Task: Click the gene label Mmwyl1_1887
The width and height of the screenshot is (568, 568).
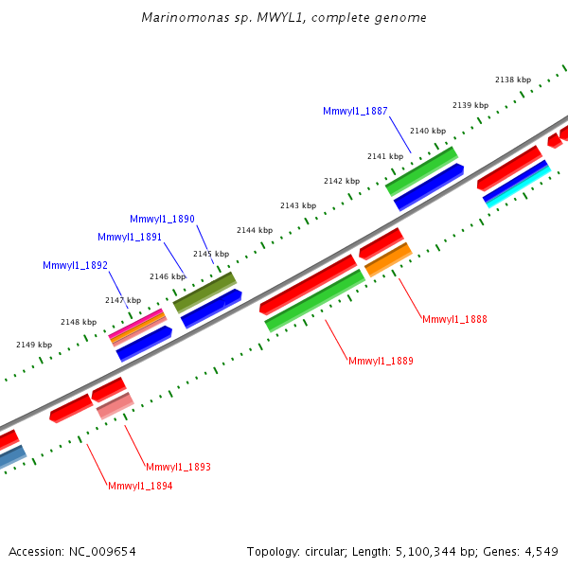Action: pyautogui.click(x=355, y=111)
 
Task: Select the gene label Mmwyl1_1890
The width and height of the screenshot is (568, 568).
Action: pyautogui.click(x=162, y=219)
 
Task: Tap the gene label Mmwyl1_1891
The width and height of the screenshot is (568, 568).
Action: pyautogui.click(x=130, y=237)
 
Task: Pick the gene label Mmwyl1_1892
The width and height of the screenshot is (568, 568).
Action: pyautogui.click(x=75, y=265)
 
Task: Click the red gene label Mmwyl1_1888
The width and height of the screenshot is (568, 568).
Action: pyautogui.click(x=454, y=319)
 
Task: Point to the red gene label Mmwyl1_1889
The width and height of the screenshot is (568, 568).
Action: pyautogui.click(x=381, y=361)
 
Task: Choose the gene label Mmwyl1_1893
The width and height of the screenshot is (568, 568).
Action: pyautogui.click(x=178, y=467)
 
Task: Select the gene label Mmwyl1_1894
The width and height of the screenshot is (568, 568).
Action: pyautogui.click(x=140, y=486)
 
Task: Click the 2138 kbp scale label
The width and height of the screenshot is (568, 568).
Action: pyautogui.click(x=512, y=80)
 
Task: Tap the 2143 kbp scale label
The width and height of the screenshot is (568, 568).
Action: pyautogui.click(x=298, y=205)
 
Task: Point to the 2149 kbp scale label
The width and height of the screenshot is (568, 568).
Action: pyautogui.click(x=34, y=345)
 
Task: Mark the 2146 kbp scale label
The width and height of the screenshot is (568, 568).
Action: pyautogui.click(x=168, y=276)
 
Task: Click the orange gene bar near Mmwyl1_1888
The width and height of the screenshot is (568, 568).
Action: pyautogui.click(x=388, y=259)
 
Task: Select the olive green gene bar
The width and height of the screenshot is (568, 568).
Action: pyautogui.click(x=204, y=293)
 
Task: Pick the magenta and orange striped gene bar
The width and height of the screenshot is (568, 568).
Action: pyautogui.click(x=138, y=327)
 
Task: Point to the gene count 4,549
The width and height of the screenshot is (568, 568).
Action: pyautogui.click(x=539, y=551)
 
